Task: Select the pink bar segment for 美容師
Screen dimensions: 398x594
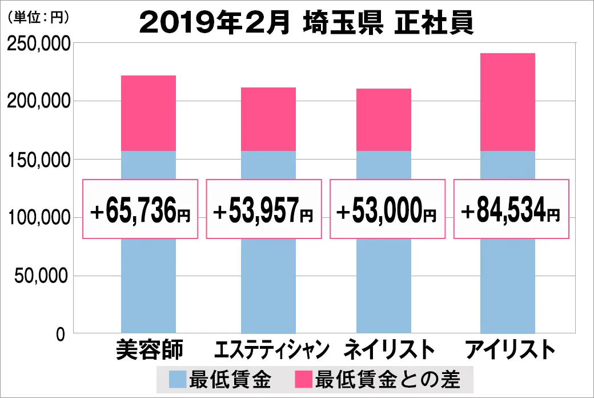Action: pyautogui.click(x=148, y=113)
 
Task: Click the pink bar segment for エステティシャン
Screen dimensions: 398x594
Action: pyautogui.click(x=268, y=119)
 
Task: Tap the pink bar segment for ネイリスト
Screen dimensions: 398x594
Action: pyautogui.click(x=384, y=120)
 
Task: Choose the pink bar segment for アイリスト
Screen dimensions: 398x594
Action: pyautogui.click(x=507, y=102)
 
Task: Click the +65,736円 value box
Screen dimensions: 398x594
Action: pyautogui.click(x=141, y=209)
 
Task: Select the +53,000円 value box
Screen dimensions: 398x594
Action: pyautogui.click(x=387, y=209)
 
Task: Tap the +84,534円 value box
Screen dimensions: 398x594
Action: pyautogui.click(x=511, y=209)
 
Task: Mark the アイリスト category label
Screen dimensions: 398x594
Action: pyautogui.click(x=509, y=350)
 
